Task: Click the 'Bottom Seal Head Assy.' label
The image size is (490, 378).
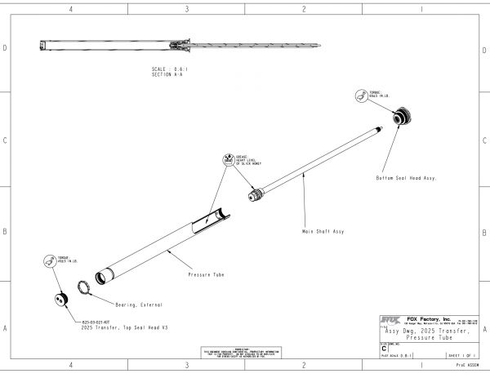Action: pos(406,177)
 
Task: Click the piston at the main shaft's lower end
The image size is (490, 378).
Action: pos(256,196)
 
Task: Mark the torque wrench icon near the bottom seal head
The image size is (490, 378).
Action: pos(360,97)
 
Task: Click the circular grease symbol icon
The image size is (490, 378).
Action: pos(227,159)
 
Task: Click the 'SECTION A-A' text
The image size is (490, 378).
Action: pos(167,73)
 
